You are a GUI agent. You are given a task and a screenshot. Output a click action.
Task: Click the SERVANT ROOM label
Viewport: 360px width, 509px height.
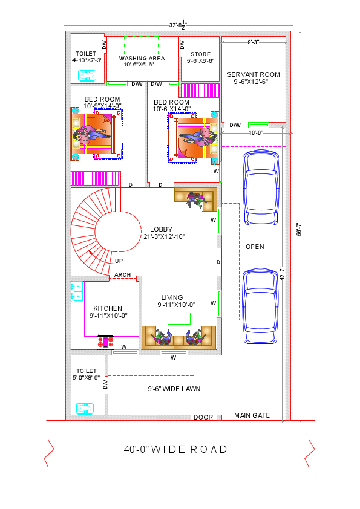(x=254, y=74)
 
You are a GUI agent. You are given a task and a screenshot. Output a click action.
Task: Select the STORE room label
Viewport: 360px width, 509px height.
(x=200, y=54)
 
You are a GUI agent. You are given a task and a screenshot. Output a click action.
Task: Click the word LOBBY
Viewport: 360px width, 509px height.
(x=162, y=229)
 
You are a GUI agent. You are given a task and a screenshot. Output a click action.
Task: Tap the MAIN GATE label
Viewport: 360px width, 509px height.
(x=252, y=415)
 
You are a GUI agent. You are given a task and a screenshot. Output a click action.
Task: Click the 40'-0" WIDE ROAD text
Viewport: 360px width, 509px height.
(x=175, y=449)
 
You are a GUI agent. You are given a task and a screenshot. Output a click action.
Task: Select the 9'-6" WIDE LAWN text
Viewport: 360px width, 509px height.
(x=174, y=389)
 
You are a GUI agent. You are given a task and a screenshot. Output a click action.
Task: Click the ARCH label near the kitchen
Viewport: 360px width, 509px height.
(x=122, y=275)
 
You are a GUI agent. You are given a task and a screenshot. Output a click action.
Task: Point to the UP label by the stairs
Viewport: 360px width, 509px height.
(x=119, y=261)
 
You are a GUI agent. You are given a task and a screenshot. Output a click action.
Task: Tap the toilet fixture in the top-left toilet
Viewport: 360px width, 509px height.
(x=87, y=76)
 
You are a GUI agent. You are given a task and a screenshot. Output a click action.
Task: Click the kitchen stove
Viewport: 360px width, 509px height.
(x=106, y=342)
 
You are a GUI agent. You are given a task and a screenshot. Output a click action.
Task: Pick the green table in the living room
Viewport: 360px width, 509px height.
(x=179, y=318)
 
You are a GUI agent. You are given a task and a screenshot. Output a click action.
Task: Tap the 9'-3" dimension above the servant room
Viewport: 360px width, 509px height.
(x=254, y=42)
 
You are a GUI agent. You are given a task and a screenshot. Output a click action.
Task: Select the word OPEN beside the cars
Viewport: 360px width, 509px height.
(x=255, y=247)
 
